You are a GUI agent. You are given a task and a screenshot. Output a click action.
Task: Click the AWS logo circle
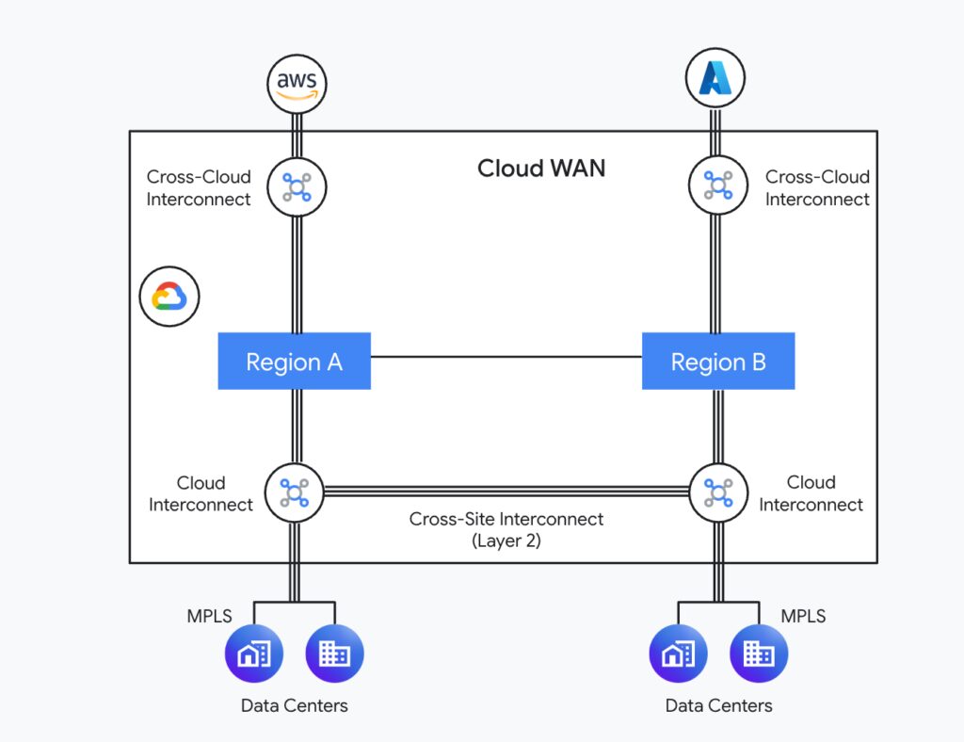pos(297,83)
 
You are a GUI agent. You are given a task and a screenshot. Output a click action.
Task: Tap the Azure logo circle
pos(716,77)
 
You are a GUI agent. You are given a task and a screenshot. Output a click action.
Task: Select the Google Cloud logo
pos(169,297)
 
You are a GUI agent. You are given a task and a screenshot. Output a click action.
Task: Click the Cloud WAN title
pos(541,169)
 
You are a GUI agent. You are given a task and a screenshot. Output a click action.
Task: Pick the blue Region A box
pos(294,362)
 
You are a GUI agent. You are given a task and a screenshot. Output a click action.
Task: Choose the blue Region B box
pos(717,362)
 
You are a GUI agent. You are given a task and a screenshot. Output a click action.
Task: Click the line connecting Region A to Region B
pos(506,357)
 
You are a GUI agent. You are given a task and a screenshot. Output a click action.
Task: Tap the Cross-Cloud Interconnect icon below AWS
pos(296,186)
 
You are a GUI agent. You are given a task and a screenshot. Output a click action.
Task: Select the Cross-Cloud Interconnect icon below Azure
pos(717,185)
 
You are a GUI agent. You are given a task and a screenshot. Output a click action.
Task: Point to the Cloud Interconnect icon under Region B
pos(717,492)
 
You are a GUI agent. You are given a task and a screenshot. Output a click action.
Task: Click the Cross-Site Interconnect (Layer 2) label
pos(506,529)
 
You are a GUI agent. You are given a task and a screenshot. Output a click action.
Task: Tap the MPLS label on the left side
pos(209,617)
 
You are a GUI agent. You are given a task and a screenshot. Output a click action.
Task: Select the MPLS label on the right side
pos(803,617)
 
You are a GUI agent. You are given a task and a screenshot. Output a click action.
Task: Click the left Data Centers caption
pos(294,705)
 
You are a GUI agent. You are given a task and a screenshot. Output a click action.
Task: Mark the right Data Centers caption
pos(718,705)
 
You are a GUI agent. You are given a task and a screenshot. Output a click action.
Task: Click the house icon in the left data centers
pos(253,653)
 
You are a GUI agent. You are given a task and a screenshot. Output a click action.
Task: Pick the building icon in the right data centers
pos(759,653)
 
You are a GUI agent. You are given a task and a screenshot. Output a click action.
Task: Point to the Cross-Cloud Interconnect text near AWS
pos(199,187)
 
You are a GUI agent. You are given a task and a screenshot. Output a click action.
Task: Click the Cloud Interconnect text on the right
pos(811,493)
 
